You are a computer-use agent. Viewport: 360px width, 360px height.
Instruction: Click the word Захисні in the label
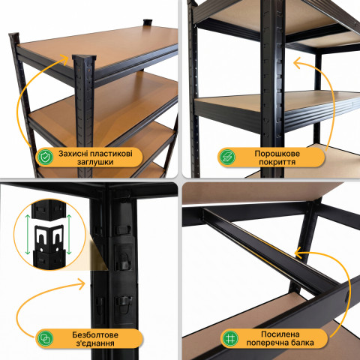click(x=73, y=153)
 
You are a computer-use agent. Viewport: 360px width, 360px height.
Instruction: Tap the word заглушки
click(x=95, y=162)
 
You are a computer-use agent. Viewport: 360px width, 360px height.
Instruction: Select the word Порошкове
click(x=277, y=153)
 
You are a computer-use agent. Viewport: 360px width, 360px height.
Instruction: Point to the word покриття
click(x=277, y=162)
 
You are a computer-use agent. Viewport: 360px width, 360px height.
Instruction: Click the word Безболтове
click(x=95, y=334)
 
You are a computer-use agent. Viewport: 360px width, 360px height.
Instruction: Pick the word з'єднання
click(x=95, y=343)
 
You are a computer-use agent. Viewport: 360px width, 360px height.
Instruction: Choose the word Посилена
click(x=280, y=334)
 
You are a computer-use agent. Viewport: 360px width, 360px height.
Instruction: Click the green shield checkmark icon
click(x=45, y=157)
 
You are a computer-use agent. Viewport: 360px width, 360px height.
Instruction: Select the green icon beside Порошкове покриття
click(x=227, y=157)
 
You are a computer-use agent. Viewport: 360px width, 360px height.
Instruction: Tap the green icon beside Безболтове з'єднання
click(x=45, y=338)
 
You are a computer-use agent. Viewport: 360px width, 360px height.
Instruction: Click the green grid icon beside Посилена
click(x=230, y=338)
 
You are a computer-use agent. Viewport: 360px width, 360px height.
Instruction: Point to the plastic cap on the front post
click(x=84, y=58)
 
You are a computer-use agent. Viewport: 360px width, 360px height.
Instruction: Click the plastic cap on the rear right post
click(x=148, y=22)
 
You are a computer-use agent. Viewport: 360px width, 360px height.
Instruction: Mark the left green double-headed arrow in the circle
click(x=28, y=234)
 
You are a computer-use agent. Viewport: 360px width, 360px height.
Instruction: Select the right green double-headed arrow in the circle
click(x=69, y=234)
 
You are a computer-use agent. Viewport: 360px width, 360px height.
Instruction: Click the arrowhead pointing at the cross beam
click(x=298, y=253)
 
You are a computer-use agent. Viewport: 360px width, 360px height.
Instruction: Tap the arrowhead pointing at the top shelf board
click(x=65, y=59)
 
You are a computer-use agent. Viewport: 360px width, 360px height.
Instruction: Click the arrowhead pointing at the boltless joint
click(x=82, y=284)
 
